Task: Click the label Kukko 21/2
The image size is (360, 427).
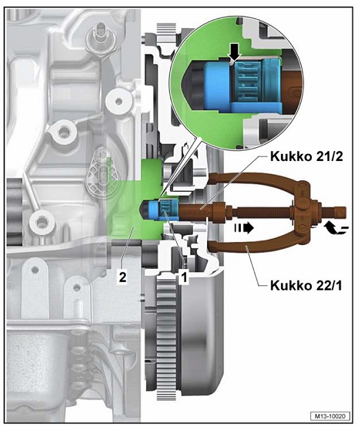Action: (306, 156)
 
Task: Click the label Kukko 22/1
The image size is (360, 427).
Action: (306, 285)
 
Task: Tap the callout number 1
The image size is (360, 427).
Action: (184, 277)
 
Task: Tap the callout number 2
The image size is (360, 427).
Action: (123, 277)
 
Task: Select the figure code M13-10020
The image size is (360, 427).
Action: (330, 416)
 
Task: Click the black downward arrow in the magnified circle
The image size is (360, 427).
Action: (235, 54)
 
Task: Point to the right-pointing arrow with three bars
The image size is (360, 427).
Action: (244, 228)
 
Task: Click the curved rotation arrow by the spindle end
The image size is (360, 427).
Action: (336, 228)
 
